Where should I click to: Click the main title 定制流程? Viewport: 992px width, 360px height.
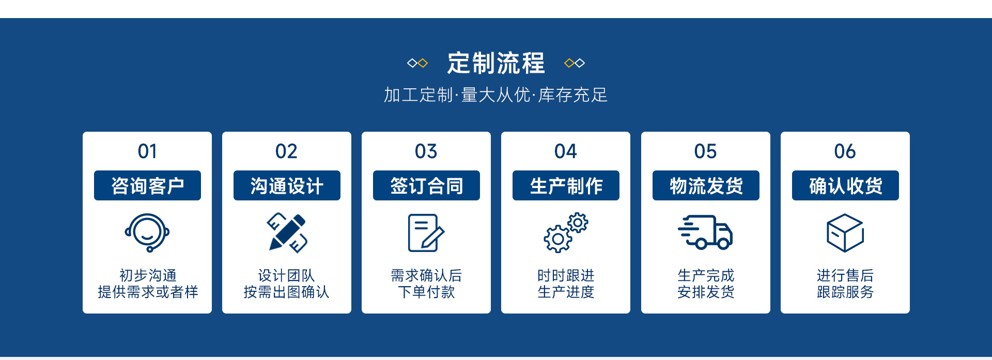[x=495, y=63]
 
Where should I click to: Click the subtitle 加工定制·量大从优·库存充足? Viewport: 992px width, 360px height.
[x=495, y=95]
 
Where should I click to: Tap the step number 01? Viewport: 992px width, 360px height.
[x=147, y=151]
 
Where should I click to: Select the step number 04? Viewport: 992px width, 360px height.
[x=566, y=151]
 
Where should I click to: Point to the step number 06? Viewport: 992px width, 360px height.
[x=845, y=151]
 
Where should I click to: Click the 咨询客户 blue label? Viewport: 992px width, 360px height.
[x=147, y=185]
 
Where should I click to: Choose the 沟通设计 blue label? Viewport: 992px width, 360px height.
[x=287, y=185]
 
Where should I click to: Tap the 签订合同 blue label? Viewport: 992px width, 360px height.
[x=426, y=185]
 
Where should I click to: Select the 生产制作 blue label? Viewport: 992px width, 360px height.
[x=566, y=185]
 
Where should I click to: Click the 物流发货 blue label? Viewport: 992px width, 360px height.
[x=706, y=185]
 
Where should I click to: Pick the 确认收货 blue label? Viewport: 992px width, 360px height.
[x=845, y=185]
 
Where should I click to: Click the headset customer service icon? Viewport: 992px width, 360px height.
[x=147, y=232]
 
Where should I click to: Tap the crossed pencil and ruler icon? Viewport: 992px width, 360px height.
[x=287, y=232]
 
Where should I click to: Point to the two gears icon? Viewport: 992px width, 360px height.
[x=566, y=232]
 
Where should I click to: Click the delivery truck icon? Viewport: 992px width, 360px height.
[x=705, y=232]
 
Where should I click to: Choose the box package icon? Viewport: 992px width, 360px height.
[x=845, y=233]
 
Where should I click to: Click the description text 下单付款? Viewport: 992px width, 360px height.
[x=426, y=292]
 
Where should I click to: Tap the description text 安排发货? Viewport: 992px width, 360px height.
[x=706, y=292]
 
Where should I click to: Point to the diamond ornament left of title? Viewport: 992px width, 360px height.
[x=417, y=63]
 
